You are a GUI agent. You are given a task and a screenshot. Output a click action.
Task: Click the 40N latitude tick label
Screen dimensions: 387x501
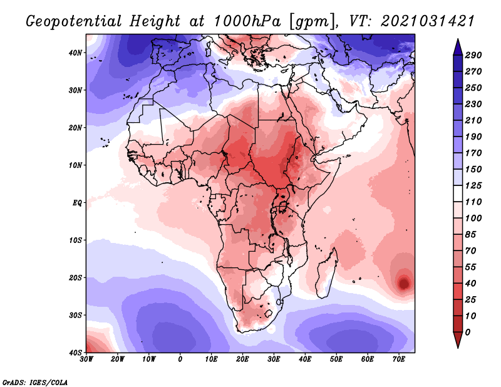75,53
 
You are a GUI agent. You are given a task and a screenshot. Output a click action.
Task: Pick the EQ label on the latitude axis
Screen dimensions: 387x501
77,203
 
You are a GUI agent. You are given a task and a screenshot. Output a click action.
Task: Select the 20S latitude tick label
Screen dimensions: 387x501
75,277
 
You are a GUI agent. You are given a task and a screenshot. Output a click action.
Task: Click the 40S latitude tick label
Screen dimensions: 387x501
75,353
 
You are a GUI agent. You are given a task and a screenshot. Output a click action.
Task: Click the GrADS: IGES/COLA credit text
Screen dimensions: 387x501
35,382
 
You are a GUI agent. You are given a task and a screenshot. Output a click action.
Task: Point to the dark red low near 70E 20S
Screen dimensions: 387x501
404,284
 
